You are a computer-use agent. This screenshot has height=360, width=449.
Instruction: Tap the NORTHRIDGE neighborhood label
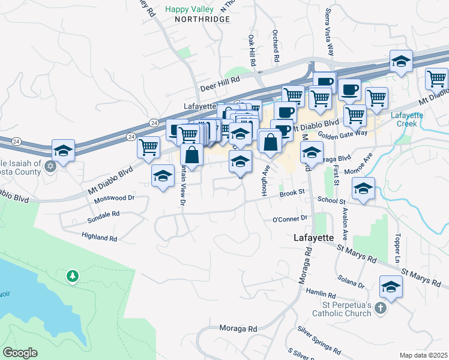point(202,19)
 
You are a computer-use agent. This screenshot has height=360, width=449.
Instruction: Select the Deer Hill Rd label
point(220,79)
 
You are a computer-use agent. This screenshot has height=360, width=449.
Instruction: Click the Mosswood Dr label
point(113,197)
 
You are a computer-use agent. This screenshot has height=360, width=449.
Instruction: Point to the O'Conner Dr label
point(290,219)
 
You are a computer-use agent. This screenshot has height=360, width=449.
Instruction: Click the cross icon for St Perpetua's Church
point(379,308)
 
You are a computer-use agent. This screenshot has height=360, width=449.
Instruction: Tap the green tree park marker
point(73,276)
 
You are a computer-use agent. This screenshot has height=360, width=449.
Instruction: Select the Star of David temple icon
point(50,166)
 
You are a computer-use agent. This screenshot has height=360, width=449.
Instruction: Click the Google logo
point(20,353)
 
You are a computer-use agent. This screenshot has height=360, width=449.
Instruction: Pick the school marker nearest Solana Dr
point(391,286)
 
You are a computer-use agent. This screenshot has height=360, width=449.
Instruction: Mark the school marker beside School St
point(363,188)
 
